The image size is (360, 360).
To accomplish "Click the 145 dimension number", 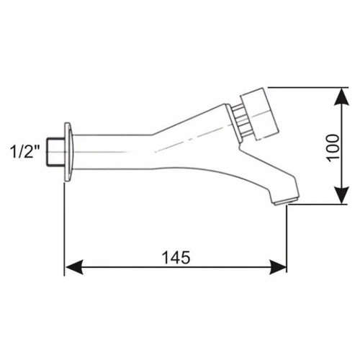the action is tap(176, 257).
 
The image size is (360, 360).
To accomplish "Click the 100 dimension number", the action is tap(333, 148).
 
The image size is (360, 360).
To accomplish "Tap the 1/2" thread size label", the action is tap(25, 152).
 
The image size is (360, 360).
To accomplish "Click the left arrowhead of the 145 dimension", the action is tap(74, 267).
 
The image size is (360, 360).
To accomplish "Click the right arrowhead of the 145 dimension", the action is tap(278, 267).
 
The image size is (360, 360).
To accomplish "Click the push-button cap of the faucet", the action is tap(260, 114).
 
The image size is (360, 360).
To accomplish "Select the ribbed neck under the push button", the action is tap(242, 122).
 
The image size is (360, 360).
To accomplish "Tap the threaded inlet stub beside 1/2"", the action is tap(55, 152).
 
